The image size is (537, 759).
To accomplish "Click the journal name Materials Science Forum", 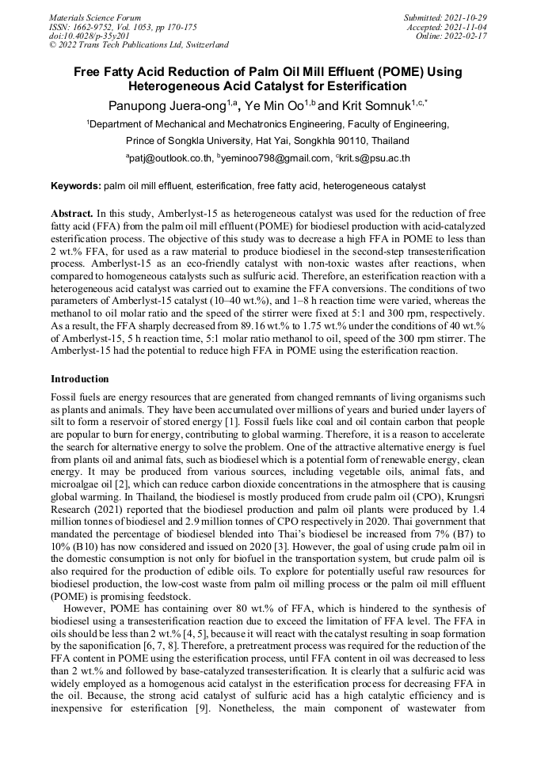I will [x=95, y=17].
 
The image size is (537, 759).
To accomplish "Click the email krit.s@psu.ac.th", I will [x=375, y=158].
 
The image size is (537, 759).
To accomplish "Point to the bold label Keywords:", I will [x=75, y=186].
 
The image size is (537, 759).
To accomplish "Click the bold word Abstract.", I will [x=71, y=214].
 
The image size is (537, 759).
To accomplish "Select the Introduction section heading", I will [x=80, y=379].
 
